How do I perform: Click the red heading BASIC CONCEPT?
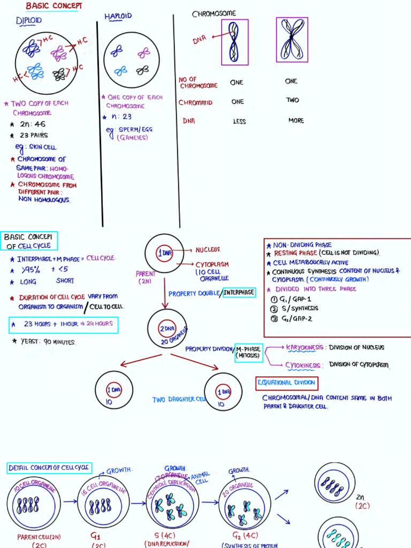[x=54, y=6]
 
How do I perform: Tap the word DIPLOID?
[x=29, y=21]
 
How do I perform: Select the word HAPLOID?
[x=118, y=17]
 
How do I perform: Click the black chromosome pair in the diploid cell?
[x=59, y=73]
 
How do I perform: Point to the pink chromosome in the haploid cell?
[x=143, y=52]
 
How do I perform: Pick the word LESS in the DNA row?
[x=239, y=121]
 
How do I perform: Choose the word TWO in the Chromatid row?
[x=292, y=100]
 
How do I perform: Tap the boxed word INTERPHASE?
[x=239, y=292]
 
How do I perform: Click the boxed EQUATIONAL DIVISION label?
[x=287, y=383]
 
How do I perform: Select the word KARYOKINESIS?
[x=305, y=347]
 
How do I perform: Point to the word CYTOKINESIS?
[x=303, y=366]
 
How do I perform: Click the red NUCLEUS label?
[x=208, y=250]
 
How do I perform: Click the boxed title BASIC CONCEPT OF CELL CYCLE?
[x=30, y=241]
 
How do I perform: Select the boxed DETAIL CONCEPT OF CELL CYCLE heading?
[x=49, y=468]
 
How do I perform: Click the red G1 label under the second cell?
[x=97, y=534]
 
